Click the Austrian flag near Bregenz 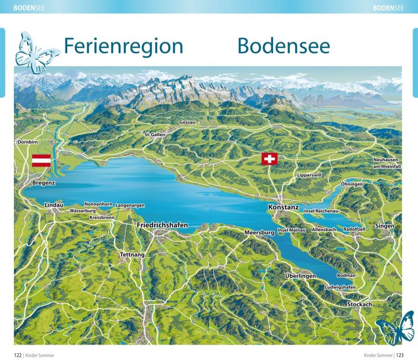click(x=41, y=161)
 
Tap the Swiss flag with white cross click(x=269, y=159)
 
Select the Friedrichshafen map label click(x=162, y=225)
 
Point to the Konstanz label click(x=283, y=207)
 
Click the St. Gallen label click(x=155, y=134)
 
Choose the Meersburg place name click(x=259, y=233)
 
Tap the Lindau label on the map click(x=54, y=205)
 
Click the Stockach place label click(x=359, y=304)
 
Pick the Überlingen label click(x=300, y=276)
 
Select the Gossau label click(x=187, y=122)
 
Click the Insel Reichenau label click(x=321, y=211)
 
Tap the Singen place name click(x=385, y=226)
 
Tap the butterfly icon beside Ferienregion click(x=37, y=52)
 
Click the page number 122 click(x=18, y=354)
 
